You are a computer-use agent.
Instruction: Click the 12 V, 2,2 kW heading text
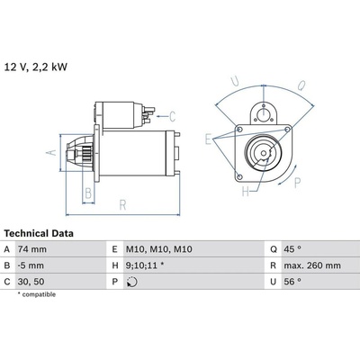36,67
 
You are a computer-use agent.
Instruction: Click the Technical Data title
39,233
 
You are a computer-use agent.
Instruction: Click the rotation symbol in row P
132,282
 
